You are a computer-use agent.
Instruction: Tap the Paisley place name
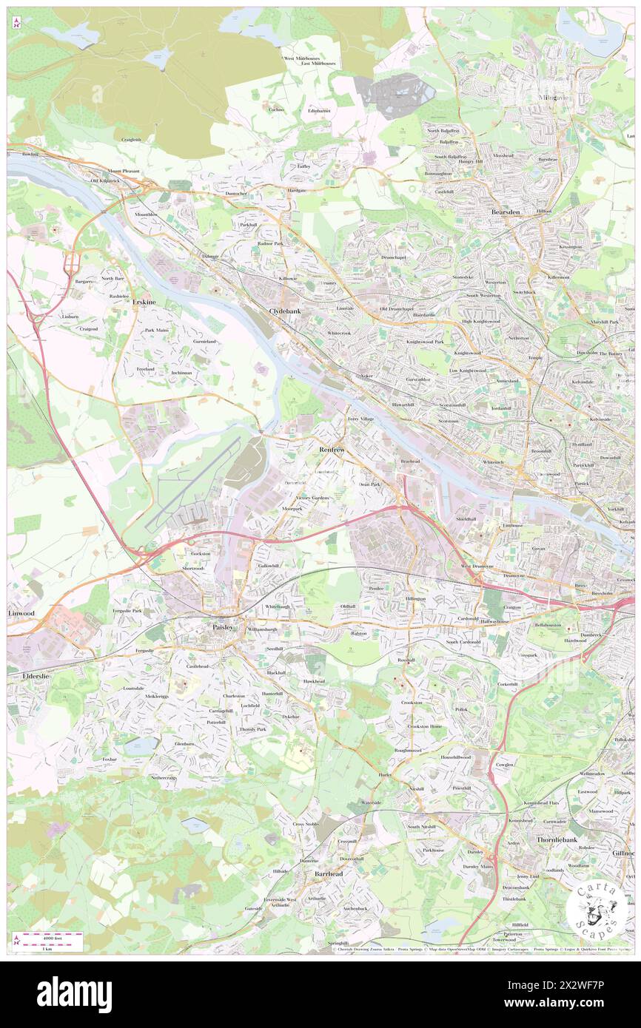(x=218, y=627)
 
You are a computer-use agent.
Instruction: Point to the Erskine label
(x=144, y=302)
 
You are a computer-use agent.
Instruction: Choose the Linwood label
(x=21, y=614)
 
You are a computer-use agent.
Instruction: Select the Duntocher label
(x=239, y=194)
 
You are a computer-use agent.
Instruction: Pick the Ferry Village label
(x=360, y=419)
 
